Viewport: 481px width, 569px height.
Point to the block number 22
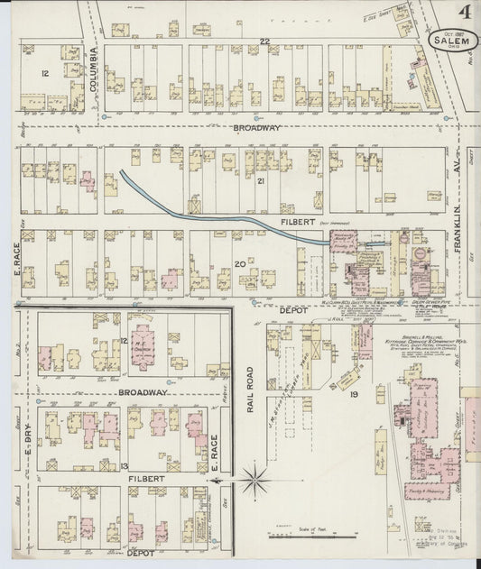tap(265, 42)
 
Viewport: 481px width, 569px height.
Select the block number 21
tap(261, 181)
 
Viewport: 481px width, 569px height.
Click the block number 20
tap(240, 263)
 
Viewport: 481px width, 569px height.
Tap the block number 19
tap(355, 394)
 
